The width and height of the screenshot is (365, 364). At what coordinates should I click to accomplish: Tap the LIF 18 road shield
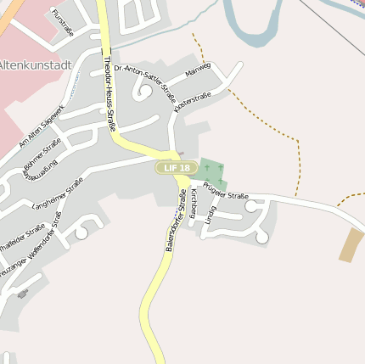click(x=177, y=169)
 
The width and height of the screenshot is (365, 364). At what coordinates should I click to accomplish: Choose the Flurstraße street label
click(x=63, y=23)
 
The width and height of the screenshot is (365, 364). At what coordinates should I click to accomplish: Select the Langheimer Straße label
click(x=57, y=196)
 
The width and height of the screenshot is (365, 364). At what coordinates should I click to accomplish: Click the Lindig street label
click(x=210, y=216)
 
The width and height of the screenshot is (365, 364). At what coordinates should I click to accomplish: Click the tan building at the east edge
click(x=351, y=244)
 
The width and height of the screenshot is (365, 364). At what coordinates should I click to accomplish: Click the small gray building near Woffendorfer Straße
click(x=22, y=294)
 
